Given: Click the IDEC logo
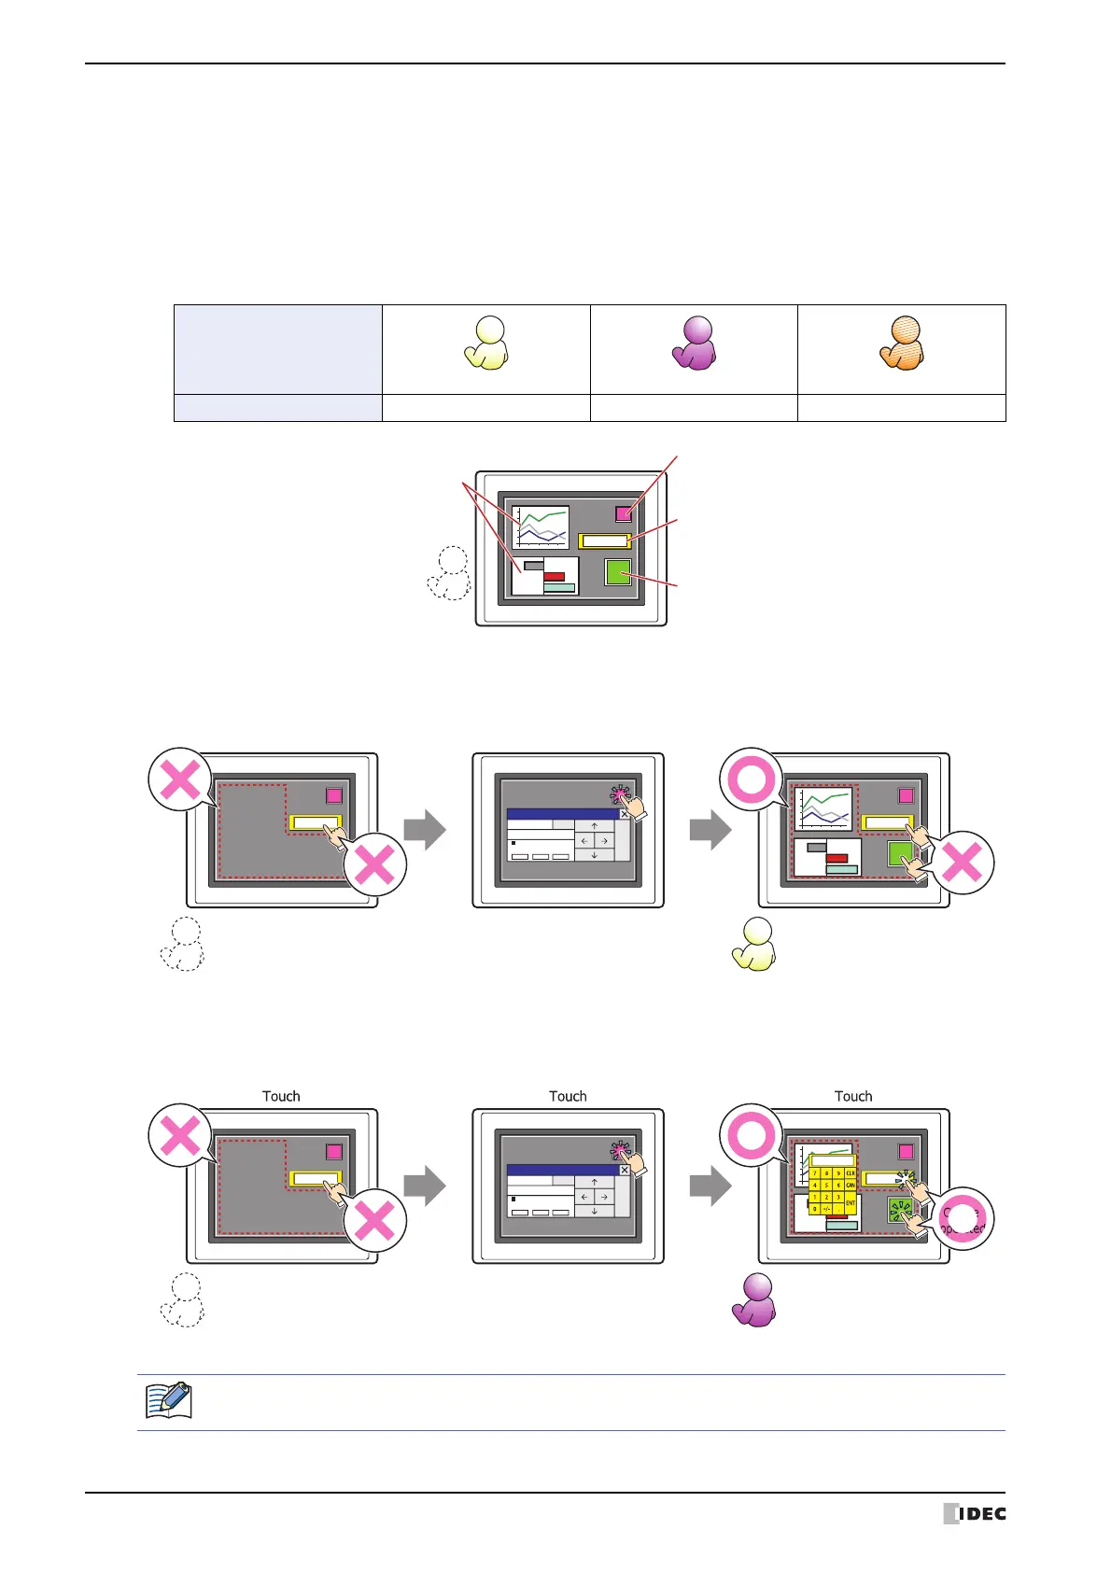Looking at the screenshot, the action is pos(975,1513).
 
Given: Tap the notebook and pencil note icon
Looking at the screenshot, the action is pos(169,1401).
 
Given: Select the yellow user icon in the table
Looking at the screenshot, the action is pos(486,344).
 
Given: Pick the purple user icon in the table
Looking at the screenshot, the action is pos(694,344).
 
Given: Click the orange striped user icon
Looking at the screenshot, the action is pos(902,344).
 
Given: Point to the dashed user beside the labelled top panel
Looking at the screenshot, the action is pos(449,573).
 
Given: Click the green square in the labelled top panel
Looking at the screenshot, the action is pos(618,571).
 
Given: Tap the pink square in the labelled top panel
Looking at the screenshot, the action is pos(624,512).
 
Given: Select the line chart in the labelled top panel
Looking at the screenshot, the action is pos(541,527).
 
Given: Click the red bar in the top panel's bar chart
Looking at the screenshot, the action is pos(554,576).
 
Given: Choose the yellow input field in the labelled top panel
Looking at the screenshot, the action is pos(604,540).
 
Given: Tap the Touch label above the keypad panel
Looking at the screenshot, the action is pos(853,1096).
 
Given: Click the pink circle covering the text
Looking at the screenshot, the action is pos(963,1219).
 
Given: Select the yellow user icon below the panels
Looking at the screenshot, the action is pos(754,945).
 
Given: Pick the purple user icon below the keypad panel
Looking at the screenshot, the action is pos(754,1300).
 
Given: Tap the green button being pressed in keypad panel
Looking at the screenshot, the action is pos(900,1211).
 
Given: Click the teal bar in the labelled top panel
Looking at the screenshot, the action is pos(559,588).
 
